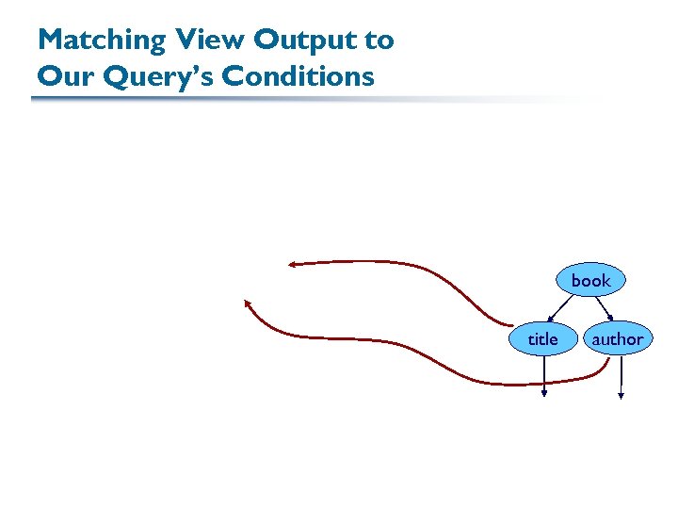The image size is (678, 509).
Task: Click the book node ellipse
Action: (590, 280)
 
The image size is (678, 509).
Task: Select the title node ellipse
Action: (542, 338)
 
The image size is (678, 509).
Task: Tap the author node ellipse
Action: (617, 338)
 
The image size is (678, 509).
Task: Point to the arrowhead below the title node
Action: (544, 394)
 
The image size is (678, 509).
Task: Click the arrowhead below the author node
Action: (621, 396)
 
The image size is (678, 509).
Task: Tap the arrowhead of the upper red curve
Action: (292, 265)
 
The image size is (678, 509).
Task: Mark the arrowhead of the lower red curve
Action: (248, 304)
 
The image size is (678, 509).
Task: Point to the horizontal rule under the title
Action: (282, 98)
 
